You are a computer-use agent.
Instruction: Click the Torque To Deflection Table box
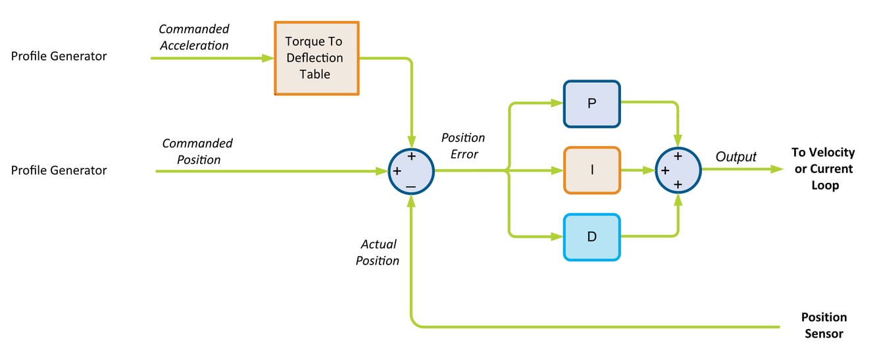pos(316,58)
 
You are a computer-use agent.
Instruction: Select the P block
pos(591,103)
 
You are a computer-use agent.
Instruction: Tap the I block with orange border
pos(591,170)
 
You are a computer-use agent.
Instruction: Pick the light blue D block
pos(591,236)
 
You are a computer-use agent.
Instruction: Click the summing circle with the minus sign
pos(411,171)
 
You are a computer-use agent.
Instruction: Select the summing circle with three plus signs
pos(678,170)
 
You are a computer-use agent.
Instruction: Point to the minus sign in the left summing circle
pos(411,188)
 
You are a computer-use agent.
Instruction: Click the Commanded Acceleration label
pos(194,37)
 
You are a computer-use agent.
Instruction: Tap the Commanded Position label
pos(197,151)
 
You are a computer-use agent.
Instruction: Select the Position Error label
pos(463,145)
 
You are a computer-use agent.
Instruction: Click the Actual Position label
pos(378,252)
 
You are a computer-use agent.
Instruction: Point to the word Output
pos(736,157)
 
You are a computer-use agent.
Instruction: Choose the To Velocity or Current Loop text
pos(822,169)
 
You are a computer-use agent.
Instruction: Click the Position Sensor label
pos(824,325)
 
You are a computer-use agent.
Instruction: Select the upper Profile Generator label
pos(59,56)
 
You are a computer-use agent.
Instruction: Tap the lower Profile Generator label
pos(59,170)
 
